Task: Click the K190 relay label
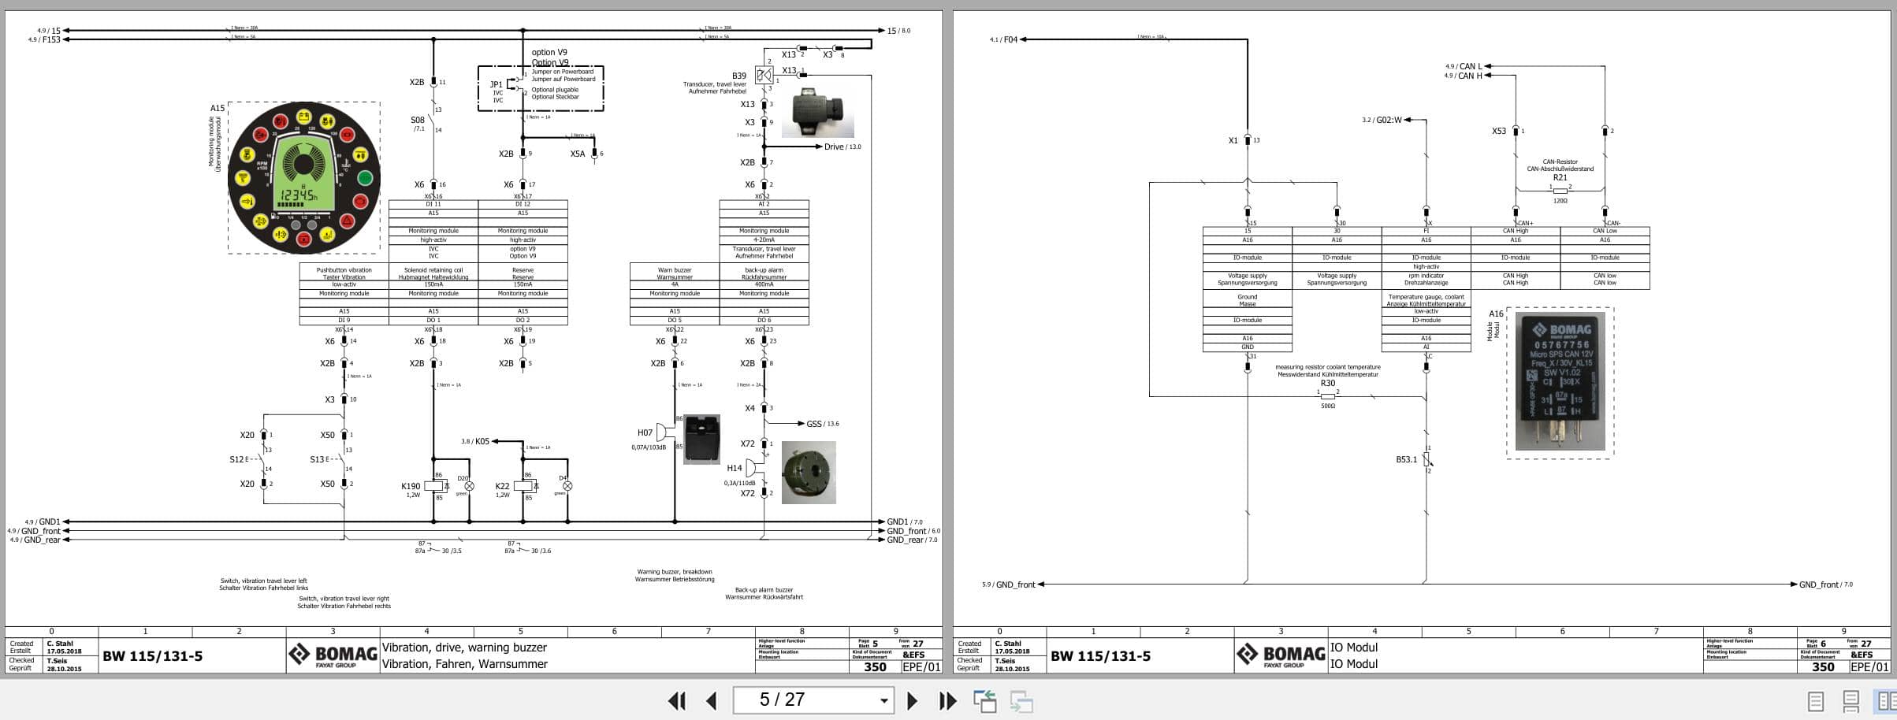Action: click(411, 487)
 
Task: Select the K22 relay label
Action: click(502, 487)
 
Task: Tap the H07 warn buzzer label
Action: click(645, 432)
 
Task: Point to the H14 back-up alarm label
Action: click(734, 468)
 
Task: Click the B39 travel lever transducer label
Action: click(738, 76)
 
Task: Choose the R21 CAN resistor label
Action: click(1560, 177)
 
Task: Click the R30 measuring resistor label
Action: click(1328, 384)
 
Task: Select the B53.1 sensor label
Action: click(1406, 459)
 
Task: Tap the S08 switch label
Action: click(417, 121)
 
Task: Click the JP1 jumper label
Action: click(496, 84)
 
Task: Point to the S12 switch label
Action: click(236, 459)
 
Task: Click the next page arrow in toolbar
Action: click(912, 700)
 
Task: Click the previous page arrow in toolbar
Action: click(712, 700)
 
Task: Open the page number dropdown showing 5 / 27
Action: click(883, 700)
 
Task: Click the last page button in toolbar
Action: click(947, 700)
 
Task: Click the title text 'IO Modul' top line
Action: click(1354, 648)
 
